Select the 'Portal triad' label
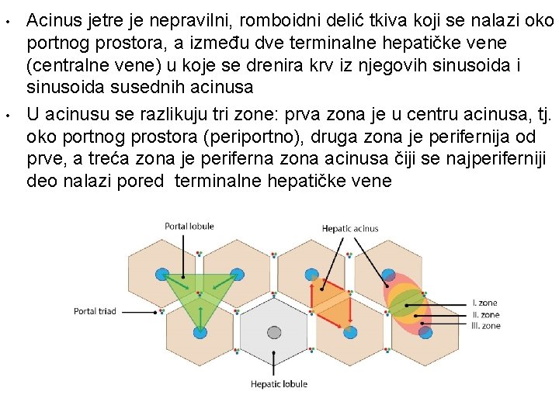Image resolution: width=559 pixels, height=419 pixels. tap(95, 311)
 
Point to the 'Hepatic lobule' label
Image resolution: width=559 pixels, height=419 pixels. tap(279, 383)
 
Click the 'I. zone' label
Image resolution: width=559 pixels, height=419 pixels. tap(484, 303)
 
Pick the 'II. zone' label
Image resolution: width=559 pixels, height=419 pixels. tap(485, 314)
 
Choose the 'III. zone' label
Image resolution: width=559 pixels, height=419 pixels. tap(486, 326)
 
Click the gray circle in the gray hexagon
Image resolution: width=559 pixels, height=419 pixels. tap(274, 333)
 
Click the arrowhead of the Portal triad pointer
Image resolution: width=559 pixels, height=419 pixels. tap(161, 311)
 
